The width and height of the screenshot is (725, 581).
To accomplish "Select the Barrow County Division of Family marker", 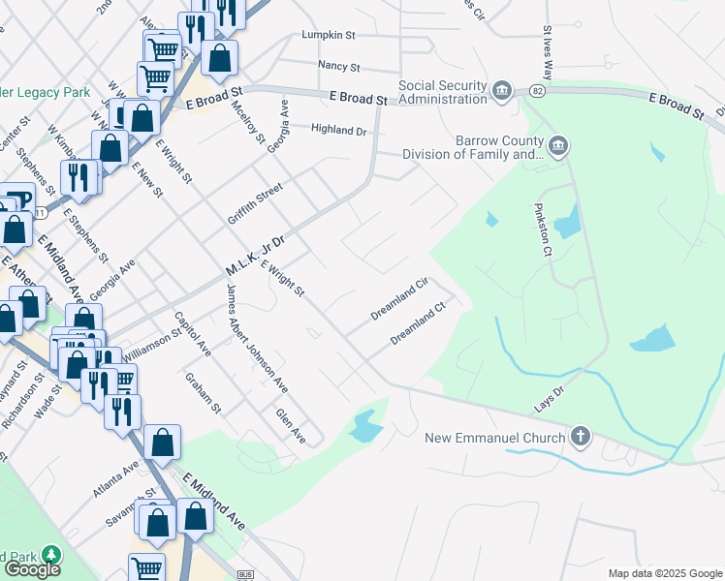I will [558, 147].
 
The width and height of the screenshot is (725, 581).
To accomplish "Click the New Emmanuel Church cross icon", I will [581, 438].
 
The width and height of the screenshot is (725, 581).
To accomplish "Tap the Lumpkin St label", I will [329, 35].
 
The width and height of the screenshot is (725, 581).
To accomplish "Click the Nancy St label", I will [339, 68].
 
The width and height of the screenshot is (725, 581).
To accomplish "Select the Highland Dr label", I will [339, 130].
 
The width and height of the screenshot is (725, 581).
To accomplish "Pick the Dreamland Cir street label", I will [399, 300].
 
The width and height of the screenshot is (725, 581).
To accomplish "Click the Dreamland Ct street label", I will [417, 324].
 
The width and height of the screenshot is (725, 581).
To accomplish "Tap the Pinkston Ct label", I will [542, 229].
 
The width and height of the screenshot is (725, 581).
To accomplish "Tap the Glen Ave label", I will [291, 426].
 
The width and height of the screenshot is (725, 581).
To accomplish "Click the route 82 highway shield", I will [535, 91].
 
